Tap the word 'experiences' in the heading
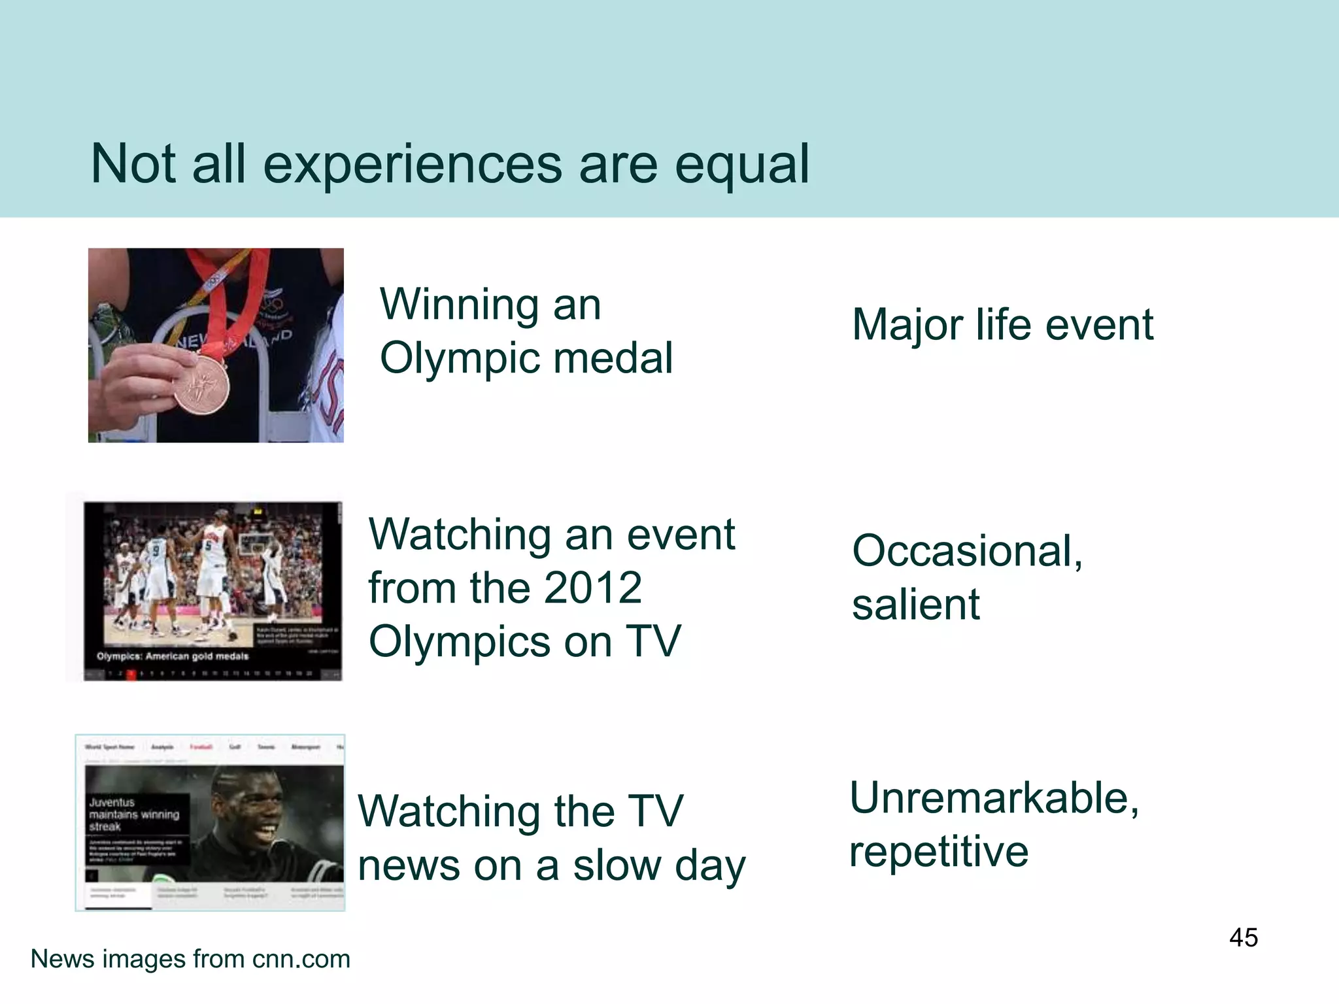click(412, 165)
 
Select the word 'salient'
click(915, 605)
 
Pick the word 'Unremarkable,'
click(994, 798)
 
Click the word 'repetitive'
click(939, 852)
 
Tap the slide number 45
click(1243, 937)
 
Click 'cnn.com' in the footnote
click(301, 959)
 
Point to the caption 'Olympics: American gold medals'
click(173, 656)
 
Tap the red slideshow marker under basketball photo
click(131, 674)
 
